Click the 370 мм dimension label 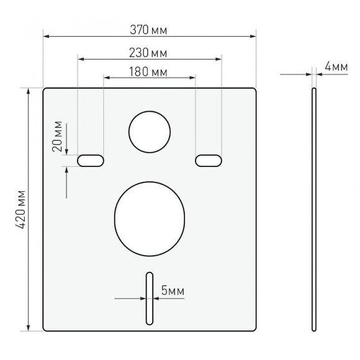[x=148, y=30]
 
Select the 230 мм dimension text [x=148, y=53]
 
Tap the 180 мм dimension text [x=148, y=71]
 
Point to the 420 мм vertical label [x=20, y=209]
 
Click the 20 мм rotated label [x=57, y=136]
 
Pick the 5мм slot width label [x=173, y=290]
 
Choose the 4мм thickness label [x=336, y=67]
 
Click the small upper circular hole [x=150, y=132]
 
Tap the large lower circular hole [x=150, y=219]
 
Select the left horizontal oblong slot [x=91, y=161]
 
